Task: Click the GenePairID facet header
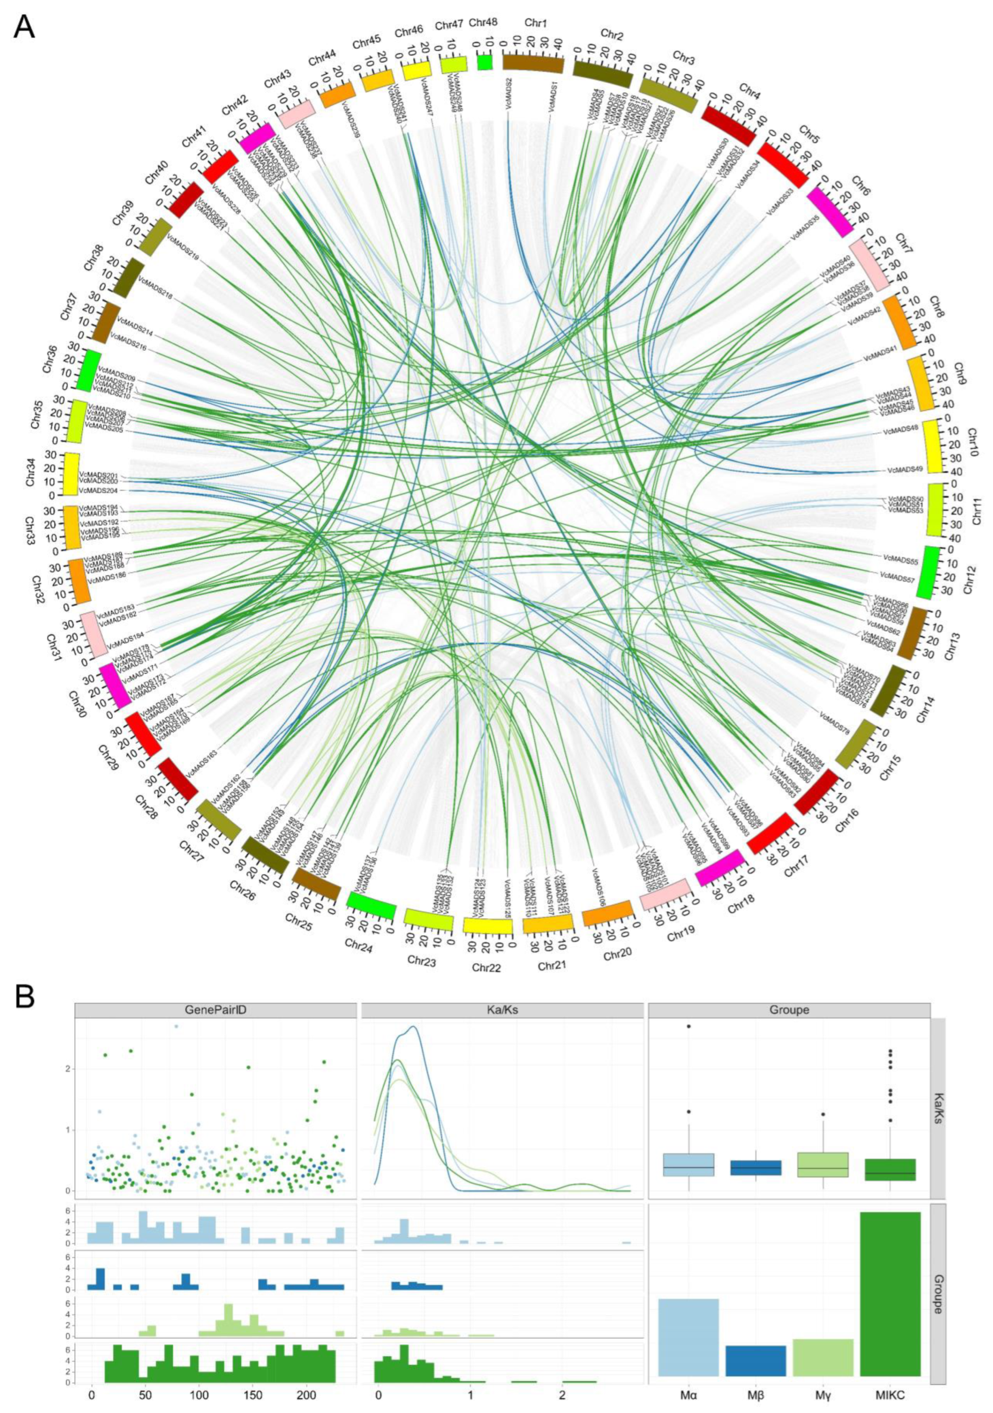[x=215, y=1010]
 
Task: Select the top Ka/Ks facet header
[x=501, y=1010]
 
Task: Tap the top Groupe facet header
[x=788, y=1010]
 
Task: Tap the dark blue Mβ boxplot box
[x=755, y=1168]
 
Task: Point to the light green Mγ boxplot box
[x=823, y=1164]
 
